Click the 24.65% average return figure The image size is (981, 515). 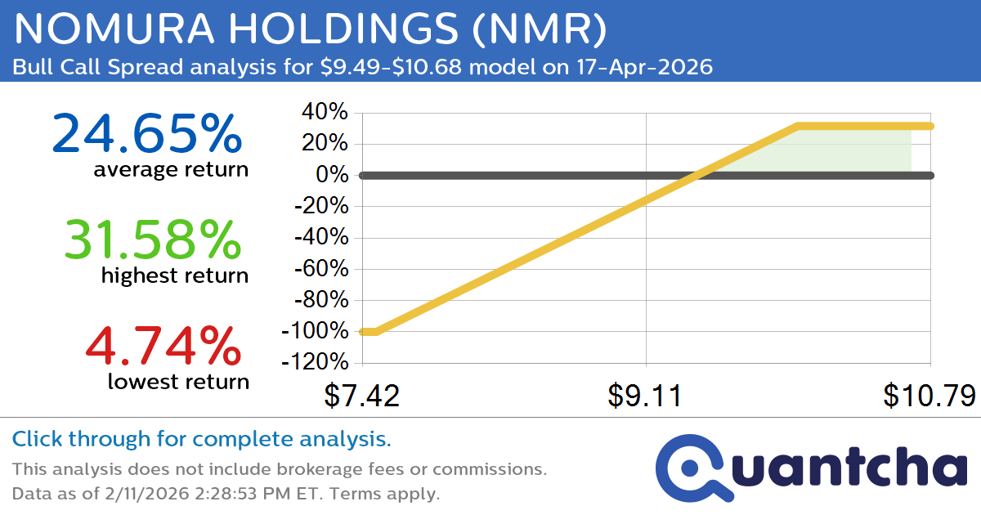point(147,135)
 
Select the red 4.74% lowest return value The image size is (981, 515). point(163,346)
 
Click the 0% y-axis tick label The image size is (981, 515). point(334,175)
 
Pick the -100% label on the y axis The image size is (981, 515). point(316,331)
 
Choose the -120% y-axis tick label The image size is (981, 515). point(316,362)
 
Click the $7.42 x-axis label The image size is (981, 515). point(361,396)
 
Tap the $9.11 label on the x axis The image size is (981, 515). point(646,396)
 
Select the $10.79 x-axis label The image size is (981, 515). point(928,396)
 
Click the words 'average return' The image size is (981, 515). point(170,170)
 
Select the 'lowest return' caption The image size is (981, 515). point(177,381)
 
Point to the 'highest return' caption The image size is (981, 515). point(174,275)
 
